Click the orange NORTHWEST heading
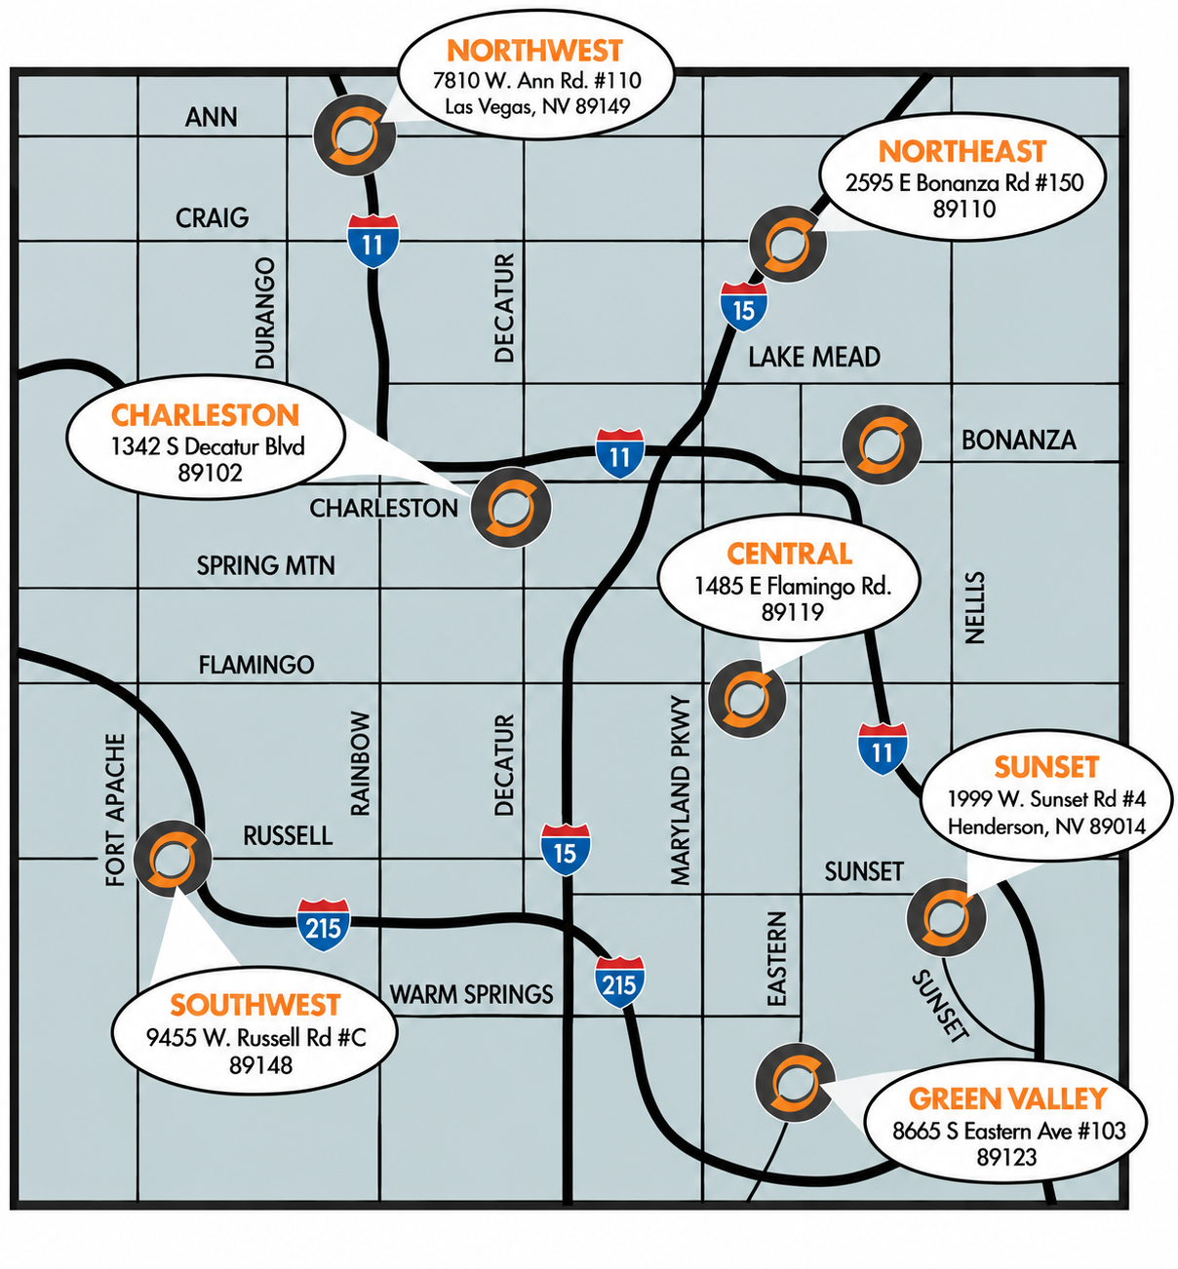click(x=534, y=51)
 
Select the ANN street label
click(x=211, y=117)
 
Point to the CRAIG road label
click(x=212, y=218)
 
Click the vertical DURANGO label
click(x=265, y=313)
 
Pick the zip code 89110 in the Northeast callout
click(x=963, y=209)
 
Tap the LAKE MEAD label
click(x=814, y=357)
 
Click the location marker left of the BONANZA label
click(x=882, y=444)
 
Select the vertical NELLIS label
click(x=974, y=607)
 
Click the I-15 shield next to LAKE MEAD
click(x=744, y=307)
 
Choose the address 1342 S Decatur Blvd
click(x=208, y=446)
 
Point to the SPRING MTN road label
click(x=265, y=565)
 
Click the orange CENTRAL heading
click(x=789, y=554)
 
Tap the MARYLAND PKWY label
click(x=681, y=790)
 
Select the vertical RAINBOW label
click(x=361, y=763)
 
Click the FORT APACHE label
click(x=115, y=810)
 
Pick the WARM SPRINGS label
click(x=471, y=994)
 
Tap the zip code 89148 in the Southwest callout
click(x=261, y=1065)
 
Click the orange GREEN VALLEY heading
click(x=1007, y=1098)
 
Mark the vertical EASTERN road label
click(x=776, y=958)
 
